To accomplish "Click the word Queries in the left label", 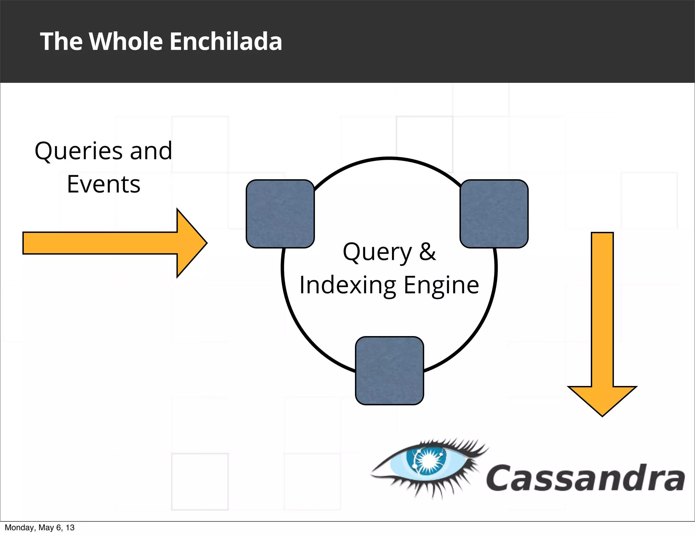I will point(79,151).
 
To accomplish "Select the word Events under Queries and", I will point(104,185).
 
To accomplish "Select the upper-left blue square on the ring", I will point(280,214).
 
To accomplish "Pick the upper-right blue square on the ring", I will point(494,214).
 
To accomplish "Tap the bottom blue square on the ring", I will point(389,371).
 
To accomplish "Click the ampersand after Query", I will point(427,252).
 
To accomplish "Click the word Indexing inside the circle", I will point(347,285).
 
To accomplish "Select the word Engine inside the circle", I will point(441,285).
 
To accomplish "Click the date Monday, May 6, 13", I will point(39,528).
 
